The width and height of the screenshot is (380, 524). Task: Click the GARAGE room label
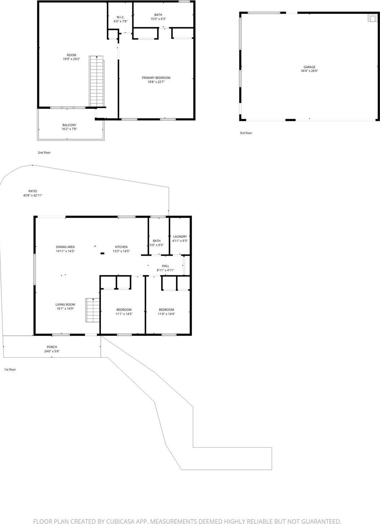tap(309, 67)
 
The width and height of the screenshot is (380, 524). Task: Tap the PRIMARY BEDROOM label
tap(156, 78)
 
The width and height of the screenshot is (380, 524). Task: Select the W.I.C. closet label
tap(121, 17)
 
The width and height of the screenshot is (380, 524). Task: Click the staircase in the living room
tap(92, 310)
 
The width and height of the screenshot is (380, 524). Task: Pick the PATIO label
tap(33, 191)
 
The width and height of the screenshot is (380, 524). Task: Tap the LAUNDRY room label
tap(180, 237)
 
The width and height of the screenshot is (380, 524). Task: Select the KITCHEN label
tap(121, 247)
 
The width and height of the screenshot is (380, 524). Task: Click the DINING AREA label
tap(65, 247)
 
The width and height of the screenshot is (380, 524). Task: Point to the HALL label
tap(165, 266)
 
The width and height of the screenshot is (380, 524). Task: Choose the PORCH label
tap(52, 347)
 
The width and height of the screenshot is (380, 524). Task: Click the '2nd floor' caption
tap(44, 153)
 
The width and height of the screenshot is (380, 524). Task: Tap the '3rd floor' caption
tap(246, 133)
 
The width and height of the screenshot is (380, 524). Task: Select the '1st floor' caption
tap(10, 370)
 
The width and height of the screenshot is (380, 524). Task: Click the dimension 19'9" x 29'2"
tap(71, 59)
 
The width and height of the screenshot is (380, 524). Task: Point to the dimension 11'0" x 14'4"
tap(166, 314)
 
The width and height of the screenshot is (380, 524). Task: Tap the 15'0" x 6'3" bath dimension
tap(158, 19)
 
